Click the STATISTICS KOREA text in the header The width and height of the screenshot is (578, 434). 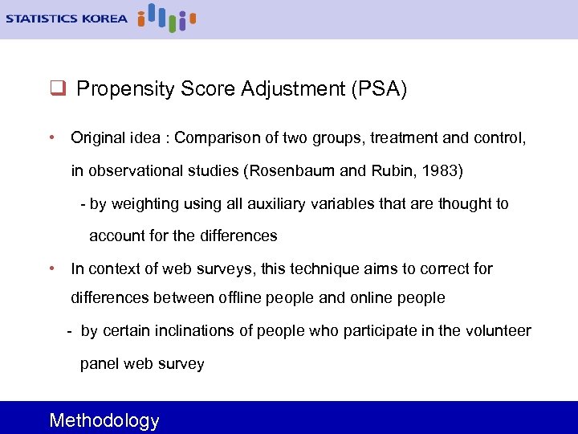pyautogui.click(x=66, y=18)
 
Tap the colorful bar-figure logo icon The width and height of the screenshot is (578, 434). pyautogui.click(x=166, y=18)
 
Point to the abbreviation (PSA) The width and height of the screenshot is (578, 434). pyautogui.click(x=378, y=89)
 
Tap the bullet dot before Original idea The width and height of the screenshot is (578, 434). pyautogui.click(x=51, y=137)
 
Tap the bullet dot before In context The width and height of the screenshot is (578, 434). pyautogui.click(x=51, y=268)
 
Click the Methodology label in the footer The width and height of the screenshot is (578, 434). pyautogui.click(x=104, y=420)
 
